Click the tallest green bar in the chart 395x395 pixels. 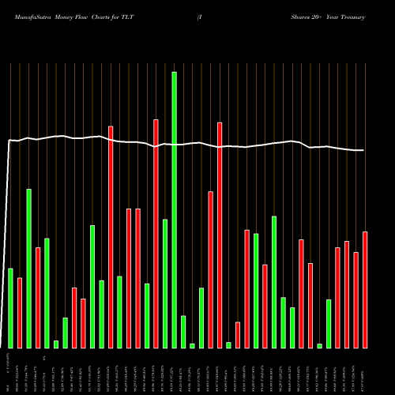pyautogui.click(x=174, y=209)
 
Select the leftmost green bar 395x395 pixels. pyautogui.click(x=10, y=308)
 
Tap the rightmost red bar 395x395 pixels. pyautogui.click(x=365, y=289)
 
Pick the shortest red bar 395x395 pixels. pyautogui.click(x=238, y=335)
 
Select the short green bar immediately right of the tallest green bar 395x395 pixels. pyautogui.click(x=183, y=332)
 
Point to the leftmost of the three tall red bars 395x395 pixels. pyautogui.click(x=111, y=237)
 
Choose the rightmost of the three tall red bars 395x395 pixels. pyautogui.click(x=220, y=235)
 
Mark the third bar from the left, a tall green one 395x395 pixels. pyautogui.click(x=29, y=269)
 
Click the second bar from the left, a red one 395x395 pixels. pyautogui.click(x=20, y=313)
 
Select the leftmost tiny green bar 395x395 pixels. pyautogui.click(x=56, y=344)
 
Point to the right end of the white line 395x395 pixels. pyautogui.click(x=364, y=150)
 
